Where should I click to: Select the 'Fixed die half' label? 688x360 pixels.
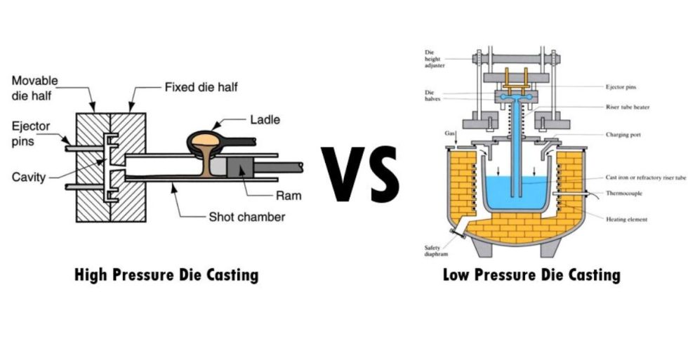[199, 88]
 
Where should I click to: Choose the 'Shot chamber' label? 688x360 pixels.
[247, 217]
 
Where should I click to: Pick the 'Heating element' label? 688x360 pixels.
[626, 219]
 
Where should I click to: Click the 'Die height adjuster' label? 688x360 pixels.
[435, 60]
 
